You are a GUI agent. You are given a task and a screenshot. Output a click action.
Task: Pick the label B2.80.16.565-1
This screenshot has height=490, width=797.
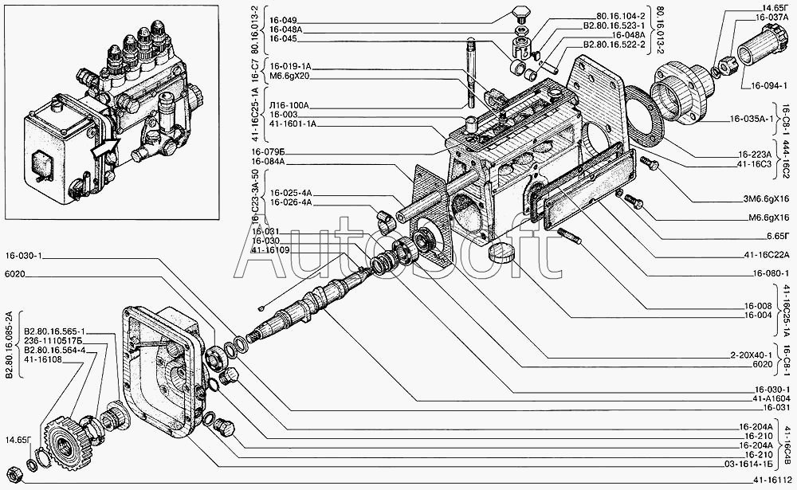(55, 331)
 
